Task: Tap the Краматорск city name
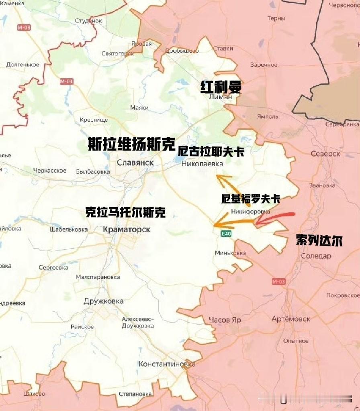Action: (127, 229)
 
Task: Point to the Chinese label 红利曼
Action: (221, 87)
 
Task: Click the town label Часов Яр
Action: (225, 320)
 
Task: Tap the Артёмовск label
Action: (291, 319)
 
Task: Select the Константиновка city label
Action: (167, 364)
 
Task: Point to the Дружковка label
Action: (103, 301)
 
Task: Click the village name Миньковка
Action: (230, 253)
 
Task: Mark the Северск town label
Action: (325, 154)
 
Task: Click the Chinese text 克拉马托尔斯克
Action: (125, 212)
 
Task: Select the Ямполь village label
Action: (267, 117)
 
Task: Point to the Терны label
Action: (276, 18)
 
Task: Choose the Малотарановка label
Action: (98, 277)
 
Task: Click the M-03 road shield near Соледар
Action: (278, 282)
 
